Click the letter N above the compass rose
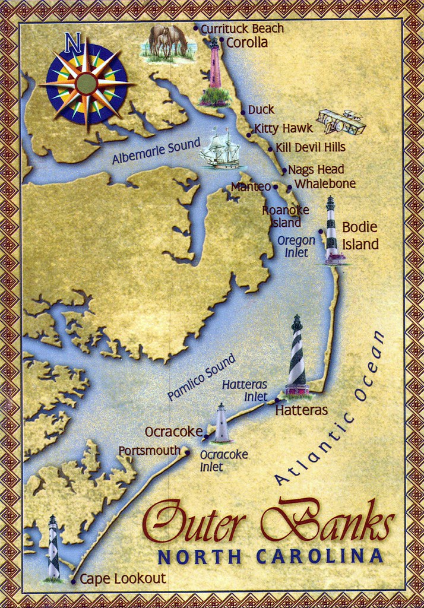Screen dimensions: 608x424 72,43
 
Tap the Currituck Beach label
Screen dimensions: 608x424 242,28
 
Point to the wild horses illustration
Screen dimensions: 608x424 167,43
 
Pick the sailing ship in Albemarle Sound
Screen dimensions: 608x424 220,148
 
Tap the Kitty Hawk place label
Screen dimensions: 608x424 283,128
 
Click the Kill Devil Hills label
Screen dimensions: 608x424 310,147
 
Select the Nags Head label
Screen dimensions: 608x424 315,170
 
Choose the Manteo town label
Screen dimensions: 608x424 251,186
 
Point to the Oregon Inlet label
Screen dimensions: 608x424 296,246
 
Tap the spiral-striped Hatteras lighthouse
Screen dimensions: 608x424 297,356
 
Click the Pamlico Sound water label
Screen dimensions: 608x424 201,377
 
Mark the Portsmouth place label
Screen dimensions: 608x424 149,451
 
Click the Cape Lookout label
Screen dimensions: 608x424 122,578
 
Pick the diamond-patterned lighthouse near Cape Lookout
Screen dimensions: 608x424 53,548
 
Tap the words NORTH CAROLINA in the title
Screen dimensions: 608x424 270,557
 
